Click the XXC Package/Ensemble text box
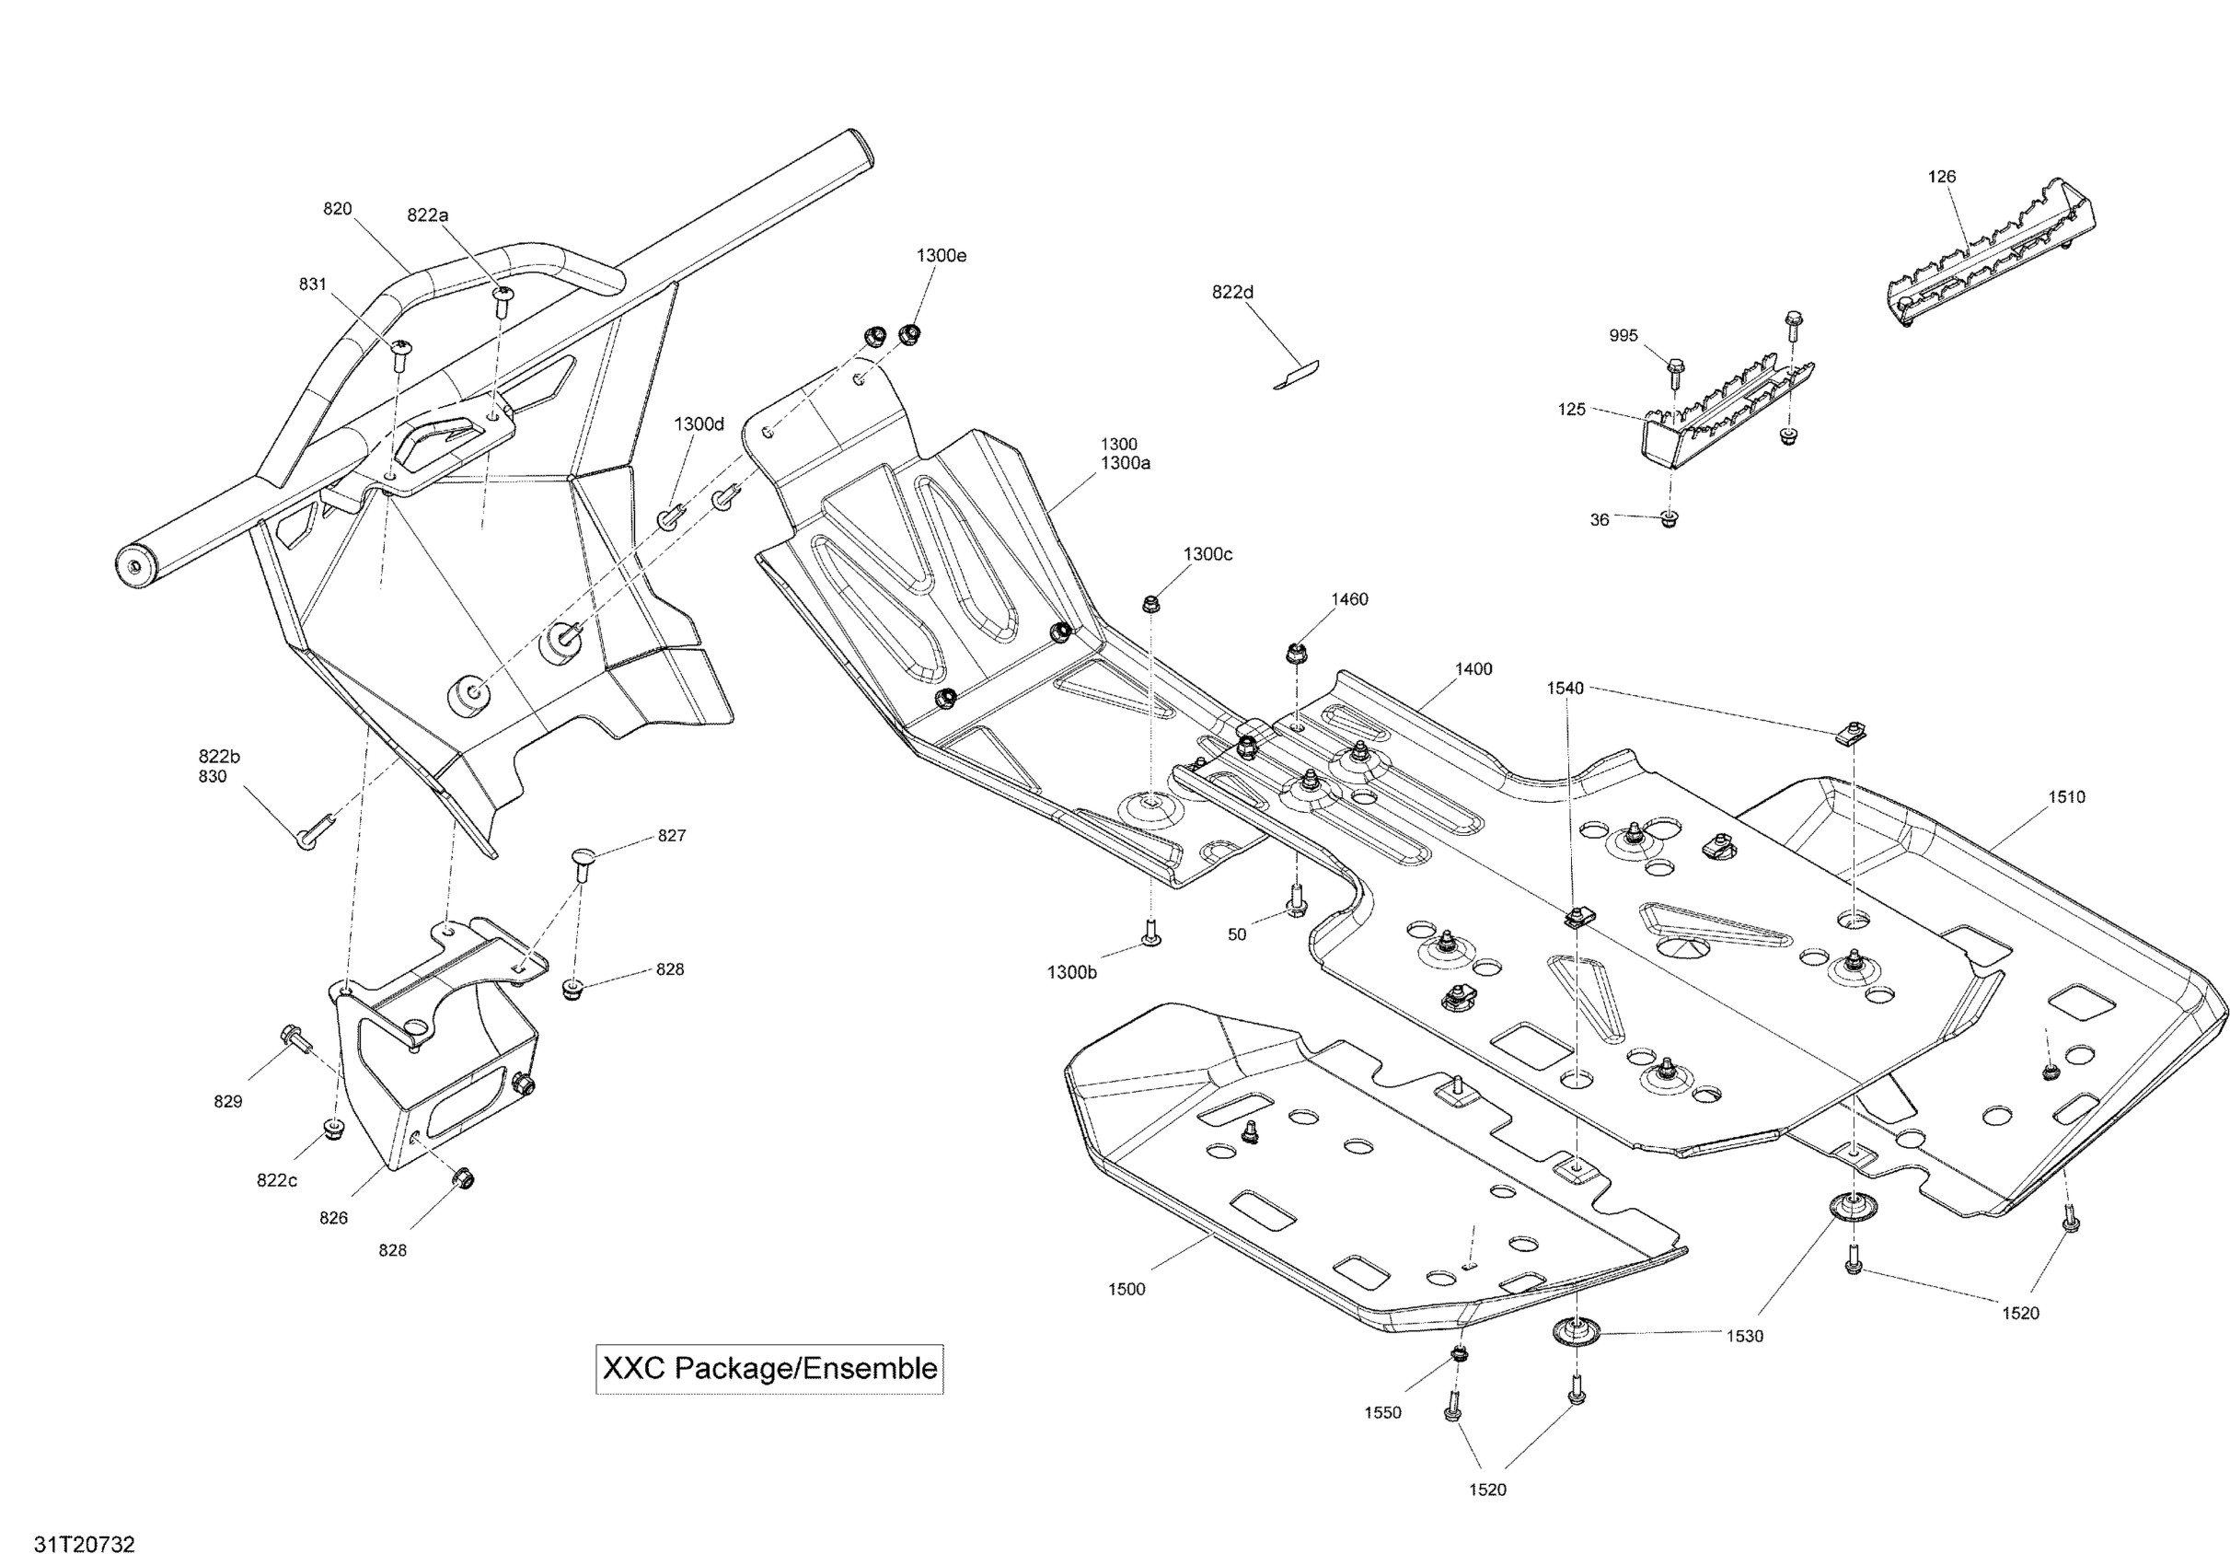(x=769, y=1369)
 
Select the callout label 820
(x=337, y=209)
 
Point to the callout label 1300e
(x=942, y=256)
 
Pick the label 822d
(x=1232, y=292)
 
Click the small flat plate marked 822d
(x=1297, y=375)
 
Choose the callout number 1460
(x=1349, y=599)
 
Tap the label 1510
(x=2067, y=796)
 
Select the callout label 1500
(x=1127, y=1289)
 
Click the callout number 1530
(x=1744, y=1336)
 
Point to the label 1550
(x=1382, y=1412)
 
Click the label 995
(x=1623, y=336)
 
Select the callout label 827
(x=671, y=836)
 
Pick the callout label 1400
(x=1473, y=668)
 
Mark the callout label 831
(x=313, y=284)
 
